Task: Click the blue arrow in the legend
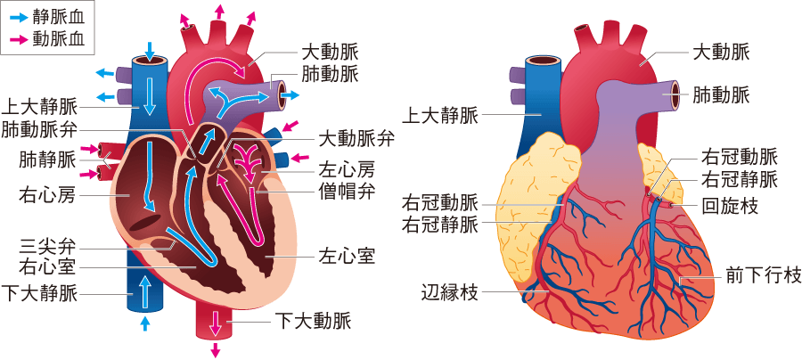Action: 19,18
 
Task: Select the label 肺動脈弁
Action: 39,130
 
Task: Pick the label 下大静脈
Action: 39,294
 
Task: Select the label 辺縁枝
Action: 449,293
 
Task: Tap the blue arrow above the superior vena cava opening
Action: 150,51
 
